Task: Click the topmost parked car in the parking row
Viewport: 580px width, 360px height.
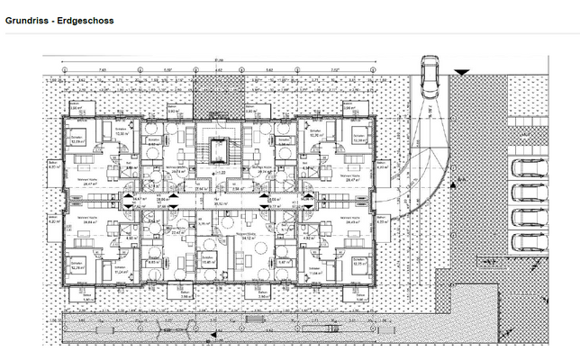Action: tap(526, 170)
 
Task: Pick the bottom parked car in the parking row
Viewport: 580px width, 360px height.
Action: tap(526, 241)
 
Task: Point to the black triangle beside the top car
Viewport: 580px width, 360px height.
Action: tap(461, 71)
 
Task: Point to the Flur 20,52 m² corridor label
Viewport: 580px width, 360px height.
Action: tap(218, 202)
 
